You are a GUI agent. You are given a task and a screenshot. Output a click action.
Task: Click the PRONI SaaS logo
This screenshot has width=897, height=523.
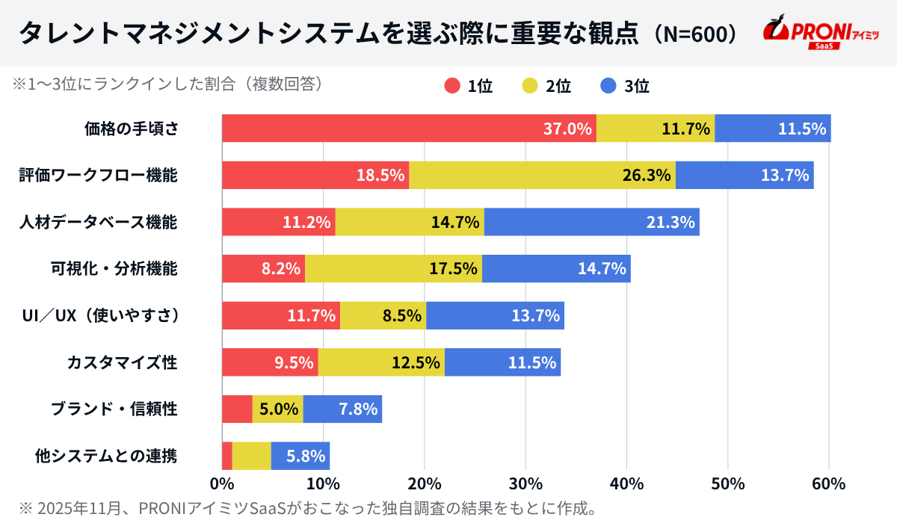pos(822,31)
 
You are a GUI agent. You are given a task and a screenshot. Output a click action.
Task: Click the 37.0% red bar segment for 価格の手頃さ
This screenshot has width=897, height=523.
pos(409,129)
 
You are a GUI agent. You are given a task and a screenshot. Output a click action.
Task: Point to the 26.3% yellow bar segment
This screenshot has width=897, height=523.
pos(542,175)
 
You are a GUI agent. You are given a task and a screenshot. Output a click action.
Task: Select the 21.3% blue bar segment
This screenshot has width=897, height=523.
pos(591,222)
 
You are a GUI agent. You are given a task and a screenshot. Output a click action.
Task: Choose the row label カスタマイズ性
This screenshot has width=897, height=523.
pos(122,362)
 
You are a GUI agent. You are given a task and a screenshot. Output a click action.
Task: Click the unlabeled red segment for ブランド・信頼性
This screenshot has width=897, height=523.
pos(237,409)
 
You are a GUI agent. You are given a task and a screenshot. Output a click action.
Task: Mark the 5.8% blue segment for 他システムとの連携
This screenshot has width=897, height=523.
pos(300,456)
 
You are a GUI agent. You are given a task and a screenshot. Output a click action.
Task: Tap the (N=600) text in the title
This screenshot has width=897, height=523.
pos(693,33)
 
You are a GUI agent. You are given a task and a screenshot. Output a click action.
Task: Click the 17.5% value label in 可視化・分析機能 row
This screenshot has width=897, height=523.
pos(453,269)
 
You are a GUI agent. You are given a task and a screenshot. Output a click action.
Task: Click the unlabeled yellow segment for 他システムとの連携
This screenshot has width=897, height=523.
pos(251,456)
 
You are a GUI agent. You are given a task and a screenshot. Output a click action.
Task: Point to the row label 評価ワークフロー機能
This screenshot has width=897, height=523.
pos(98,176)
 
